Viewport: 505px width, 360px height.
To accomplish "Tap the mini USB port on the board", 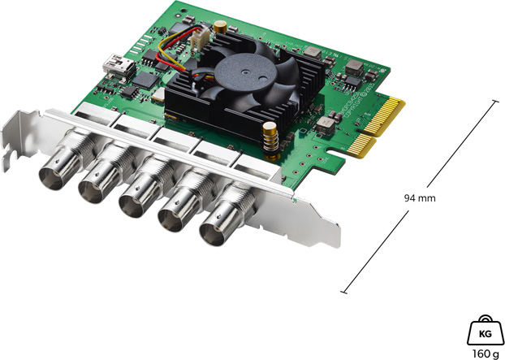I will [x=110, y=63].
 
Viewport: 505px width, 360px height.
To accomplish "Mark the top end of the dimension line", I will [x=496, y=101].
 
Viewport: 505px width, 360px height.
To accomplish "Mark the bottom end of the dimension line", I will [x=343, y=291].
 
